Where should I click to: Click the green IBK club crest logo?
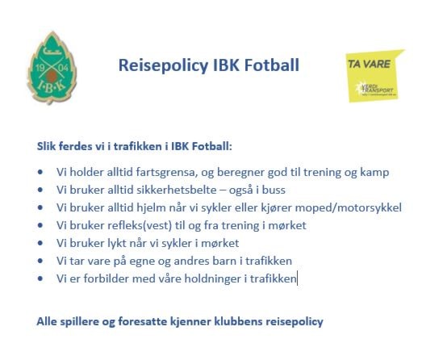pyautogui.click(x=52, y=68)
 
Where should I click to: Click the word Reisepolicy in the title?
pyautogui.click(x=163, y=65)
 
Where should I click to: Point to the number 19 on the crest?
pyautogui.click(x=40, y=68)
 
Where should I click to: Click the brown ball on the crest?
pyautogui.click(x=52, y=76)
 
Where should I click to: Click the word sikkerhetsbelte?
pyautogui.click(x=176, y=190)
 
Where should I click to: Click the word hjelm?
pyautogui.click(x=151, y=207)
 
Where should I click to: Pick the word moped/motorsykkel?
pyautogui.click(x=348, y=207)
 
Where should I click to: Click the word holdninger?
pyautogui.click(x=213, y=278)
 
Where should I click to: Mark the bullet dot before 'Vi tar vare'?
pyautogui.click(x=40, y=261)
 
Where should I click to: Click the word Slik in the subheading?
pyautogui.click(x=46, y=146)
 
